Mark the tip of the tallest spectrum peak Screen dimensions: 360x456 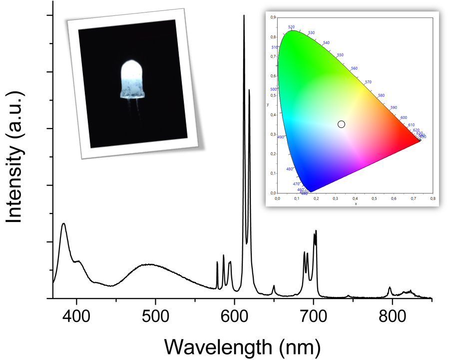point(244,16)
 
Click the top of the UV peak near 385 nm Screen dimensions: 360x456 point(63,224)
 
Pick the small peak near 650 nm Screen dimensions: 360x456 point(274,286)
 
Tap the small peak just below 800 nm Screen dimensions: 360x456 point(390,287)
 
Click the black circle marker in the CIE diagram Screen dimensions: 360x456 point(341,124)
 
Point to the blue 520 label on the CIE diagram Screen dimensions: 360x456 point(292,27)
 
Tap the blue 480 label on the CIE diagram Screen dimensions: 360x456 point(290,169)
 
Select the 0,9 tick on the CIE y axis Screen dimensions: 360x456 point(273,17)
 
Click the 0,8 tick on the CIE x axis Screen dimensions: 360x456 point(433,198)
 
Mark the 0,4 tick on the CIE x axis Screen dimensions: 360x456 point(355,198)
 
